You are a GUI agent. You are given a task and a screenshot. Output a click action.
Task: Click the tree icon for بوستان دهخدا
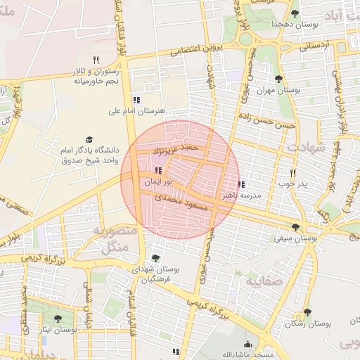coord(295,13)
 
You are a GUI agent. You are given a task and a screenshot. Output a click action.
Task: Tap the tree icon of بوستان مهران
coord(279,79)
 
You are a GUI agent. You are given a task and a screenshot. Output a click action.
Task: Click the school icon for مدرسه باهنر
coord(241,185)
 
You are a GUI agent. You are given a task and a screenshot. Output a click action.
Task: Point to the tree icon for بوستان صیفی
coord(295,227)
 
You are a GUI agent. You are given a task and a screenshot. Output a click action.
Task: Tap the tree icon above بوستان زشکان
coord(307,313)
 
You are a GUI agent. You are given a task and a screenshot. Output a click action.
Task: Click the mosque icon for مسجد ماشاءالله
coord(247,345)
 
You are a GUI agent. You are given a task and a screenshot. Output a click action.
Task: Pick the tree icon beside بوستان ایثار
coord(58,319)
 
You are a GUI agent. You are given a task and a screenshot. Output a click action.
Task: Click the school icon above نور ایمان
coord(158,170)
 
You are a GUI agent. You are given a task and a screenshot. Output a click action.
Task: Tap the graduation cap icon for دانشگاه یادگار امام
coord(89,140)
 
